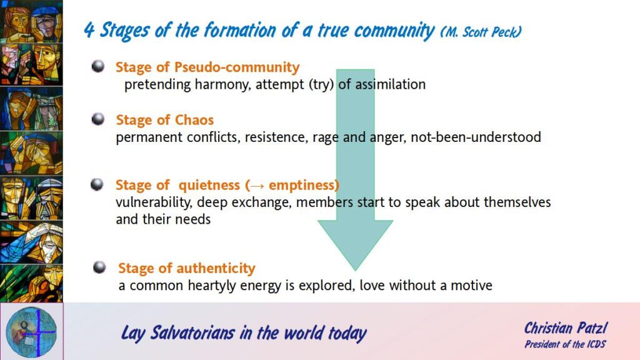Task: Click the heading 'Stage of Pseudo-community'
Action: click(x=207, y=67)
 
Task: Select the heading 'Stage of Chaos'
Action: click(x=164, y=120)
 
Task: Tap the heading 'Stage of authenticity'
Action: click(x=186, y=268)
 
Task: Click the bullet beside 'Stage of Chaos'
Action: click(x=98, y=119)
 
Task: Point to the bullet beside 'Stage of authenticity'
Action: click(x=99, y=267)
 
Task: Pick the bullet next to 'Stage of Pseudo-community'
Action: click(x=98, y=66)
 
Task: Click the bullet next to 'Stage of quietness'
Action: click(x=97, y=184)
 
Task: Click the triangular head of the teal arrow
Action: click(x=355, y=241)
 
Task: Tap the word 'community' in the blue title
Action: click(x=394, y=31)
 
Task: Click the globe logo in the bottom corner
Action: click(x=31, y=331)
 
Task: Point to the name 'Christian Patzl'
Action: click(x=566, y=327)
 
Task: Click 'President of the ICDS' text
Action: click(x=565, y=344)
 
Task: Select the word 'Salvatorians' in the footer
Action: click(x=192, y=332)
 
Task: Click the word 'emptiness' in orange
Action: click(x=302, y=185)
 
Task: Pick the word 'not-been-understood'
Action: click(x=476, y=137)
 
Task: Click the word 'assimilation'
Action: click(x=390, y=84)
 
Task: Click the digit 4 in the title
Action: click(x=89, y=30)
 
